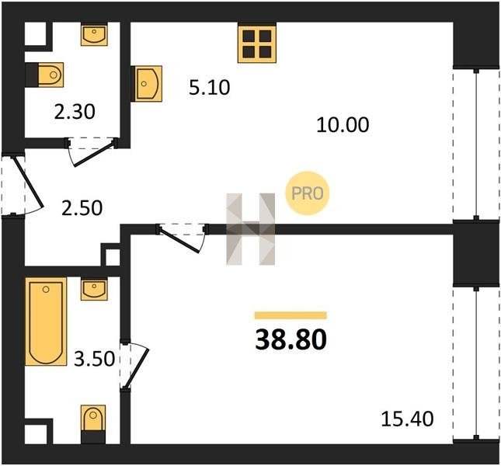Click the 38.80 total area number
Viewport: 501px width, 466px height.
click(291, 339)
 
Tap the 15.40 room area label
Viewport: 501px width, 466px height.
click(407, 419)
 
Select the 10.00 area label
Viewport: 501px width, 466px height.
click(343, 124)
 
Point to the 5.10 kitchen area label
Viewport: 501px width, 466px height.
click(209, 88)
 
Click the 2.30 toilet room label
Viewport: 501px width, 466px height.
click(75, 112)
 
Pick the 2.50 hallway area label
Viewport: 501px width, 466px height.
click(82, 208)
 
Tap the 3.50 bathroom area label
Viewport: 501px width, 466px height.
click(94, 358)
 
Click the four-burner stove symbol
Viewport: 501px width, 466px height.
click(257, 43)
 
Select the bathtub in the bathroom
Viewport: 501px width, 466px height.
click(46, 322)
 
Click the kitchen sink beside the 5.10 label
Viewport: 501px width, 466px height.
click(148, 84)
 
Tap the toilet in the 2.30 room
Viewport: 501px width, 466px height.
click(50, 75)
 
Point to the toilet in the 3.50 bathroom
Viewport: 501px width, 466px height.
click(93, 418)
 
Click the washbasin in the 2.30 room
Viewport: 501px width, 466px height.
click(94, 35)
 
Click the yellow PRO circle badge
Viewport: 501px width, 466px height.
click(307, 193)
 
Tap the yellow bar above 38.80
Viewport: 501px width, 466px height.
click(291, 315)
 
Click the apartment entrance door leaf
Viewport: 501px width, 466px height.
click(27, 182)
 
